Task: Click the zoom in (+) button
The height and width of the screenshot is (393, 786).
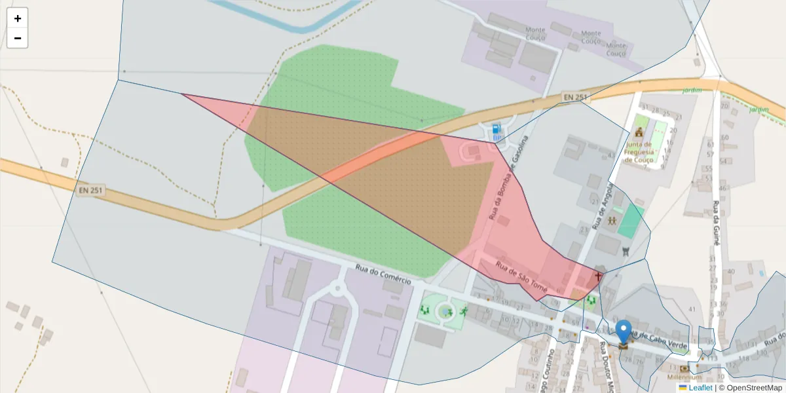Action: click(x=18, y=18)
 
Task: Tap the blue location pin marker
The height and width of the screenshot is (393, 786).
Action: click(x=624, y=331)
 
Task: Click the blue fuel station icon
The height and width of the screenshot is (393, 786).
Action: click(x=496, y=129)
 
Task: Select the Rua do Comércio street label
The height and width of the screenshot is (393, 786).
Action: click(x=383, y=274)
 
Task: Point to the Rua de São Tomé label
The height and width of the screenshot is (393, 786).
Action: click(x=521, y=277)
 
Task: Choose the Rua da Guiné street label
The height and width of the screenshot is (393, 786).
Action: click(x=717, y=223)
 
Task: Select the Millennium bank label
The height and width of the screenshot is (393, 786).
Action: click(x=684, y=377)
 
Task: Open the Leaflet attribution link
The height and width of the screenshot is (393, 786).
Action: click(x=700, y=388)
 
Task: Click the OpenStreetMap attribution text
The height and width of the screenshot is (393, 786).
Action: click(x=750, y=388)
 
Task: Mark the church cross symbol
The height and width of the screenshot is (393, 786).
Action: click(x=597, y=277)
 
